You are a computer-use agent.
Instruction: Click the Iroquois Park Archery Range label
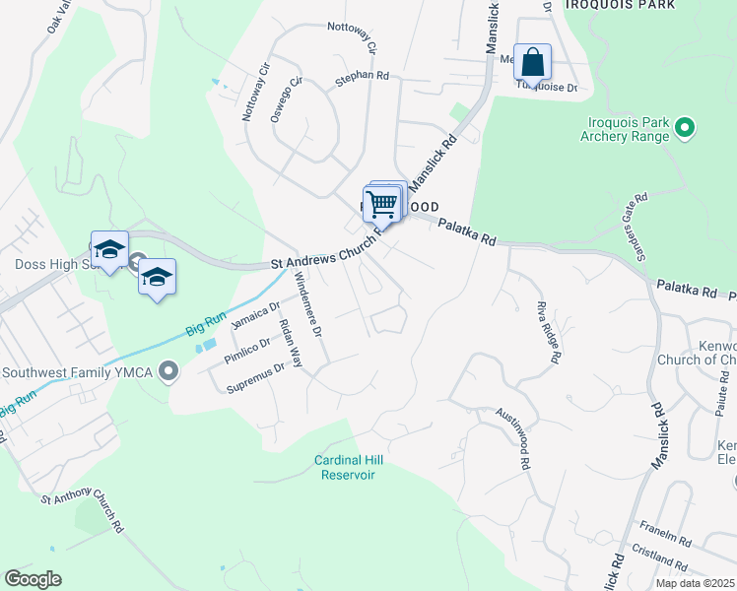click(624, 129)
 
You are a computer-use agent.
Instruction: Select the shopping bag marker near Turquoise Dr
click(532, 62)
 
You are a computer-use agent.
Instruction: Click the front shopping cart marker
click(380, 205)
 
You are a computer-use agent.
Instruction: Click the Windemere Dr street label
click(307, 306)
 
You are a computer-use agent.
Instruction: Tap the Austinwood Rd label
click(512, 438)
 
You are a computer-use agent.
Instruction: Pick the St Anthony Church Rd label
click(82, 507)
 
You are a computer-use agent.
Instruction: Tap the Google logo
click(33, 579)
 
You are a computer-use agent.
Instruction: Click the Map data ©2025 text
click(695, 583)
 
